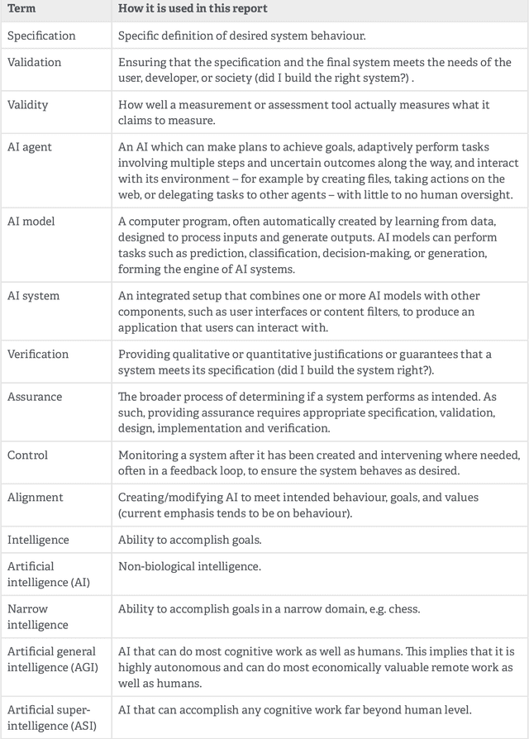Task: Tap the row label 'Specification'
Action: (x=41, y=36)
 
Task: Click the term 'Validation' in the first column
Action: (x=34, y=63)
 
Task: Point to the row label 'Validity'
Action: (x=28, y=105)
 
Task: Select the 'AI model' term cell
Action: (x=32, y=222)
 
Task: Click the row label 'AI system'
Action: (x=33, y=296)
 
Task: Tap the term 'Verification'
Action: (x=38, y=355)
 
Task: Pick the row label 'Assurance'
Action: (x=35, y=397)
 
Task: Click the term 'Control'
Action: (x=27, y=455)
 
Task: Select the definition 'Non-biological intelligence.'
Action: (x=189, y=566)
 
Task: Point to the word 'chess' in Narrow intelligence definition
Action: (x=403, y=609)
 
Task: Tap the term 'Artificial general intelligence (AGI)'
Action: (x=51, y=665)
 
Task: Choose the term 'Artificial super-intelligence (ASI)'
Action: (x=49, y=717)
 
